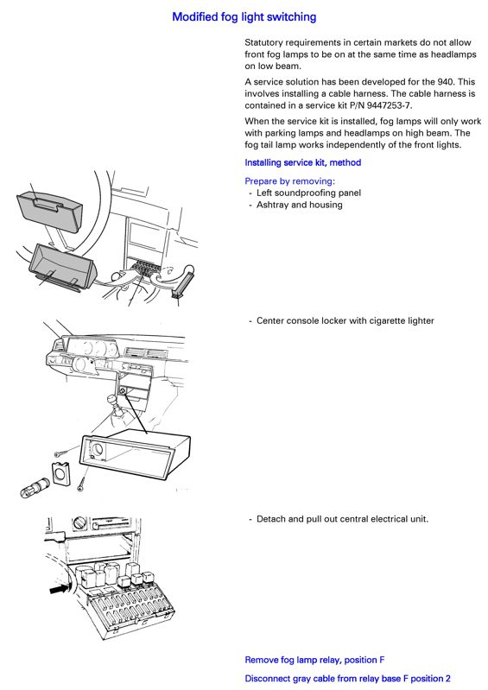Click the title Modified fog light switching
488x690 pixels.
click(x=244, y=17)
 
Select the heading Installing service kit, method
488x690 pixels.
click(x=303, y=162)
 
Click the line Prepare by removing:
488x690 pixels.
click(x=289, y=180)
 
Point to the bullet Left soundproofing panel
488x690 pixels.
click(x=308, y=193)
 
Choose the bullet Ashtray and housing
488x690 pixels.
click(x=299, y=205)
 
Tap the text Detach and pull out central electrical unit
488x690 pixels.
click(x=342, y=519)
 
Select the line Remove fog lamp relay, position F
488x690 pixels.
click(x=314, y=660)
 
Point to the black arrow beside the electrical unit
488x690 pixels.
click(x=60, y=588)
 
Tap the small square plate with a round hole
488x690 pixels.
click(x=61, y=473)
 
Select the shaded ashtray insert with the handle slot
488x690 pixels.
click(x=50, y=210)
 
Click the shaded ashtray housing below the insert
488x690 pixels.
click(x=61, y=267)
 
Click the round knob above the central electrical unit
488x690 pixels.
click(x=79, y=523)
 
